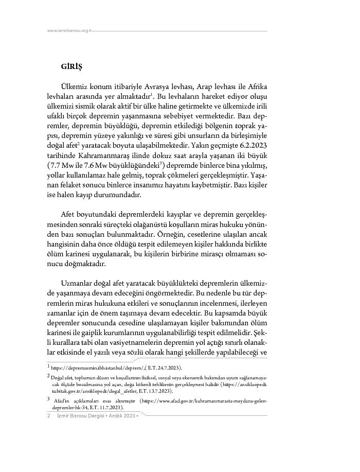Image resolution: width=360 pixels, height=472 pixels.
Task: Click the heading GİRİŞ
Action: click(x=71, y=67)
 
